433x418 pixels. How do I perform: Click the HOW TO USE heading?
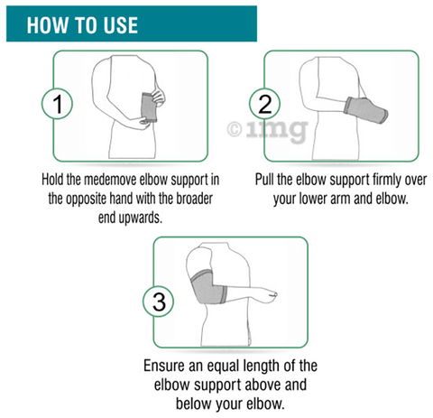(82, 24)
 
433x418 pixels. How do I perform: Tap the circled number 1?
(58, 105)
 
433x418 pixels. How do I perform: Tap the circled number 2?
(265, 105)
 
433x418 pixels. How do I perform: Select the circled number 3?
(160, 301)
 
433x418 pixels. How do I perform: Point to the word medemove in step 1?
(109, 181)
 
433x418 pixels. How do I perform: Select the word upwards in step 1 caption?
(135, 217)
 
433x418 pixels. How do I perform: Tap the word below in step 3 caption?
(182, 404)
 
